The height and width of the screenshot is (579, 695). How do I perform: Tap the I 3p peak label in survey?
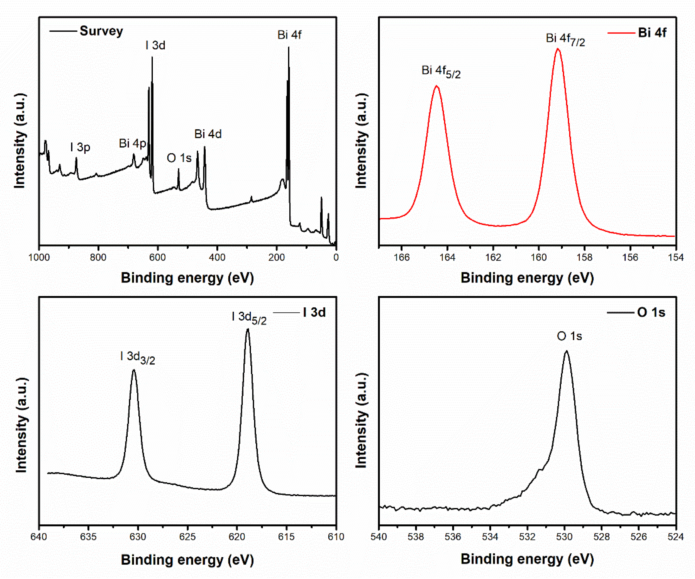[80, 147]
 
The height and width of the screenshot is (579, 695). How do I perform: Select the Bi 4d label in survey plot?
[208, 134]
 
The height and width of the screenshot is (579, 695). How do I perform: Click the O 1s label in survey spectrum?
[179, 158]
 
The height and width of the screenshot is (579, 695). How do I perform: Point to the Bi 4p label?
[132, 143]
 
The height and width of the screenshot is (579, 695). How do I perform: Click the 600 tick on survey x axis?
[158, 257]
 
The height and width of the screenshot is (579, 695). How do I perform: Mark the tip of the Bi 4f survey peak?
[289, 47]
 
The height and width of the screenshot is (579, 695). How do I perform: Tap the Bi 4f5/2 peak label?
[441, 71]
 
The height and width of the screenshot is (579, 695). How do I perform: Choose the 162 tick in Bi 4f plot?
[493, 257]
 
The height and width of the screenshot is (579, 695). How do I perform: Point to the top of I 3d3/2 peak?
[134, 370]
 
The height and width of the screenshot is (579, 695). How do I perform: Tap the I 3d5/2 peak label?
[249, 318]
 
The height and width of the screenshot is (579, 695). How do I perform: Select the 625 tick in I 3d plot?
[187, 537]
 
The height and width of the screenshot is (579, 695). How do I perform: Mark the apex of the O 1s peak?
[566, 351]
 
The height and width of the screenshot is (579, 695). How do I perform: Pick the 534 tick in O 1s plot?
[490, 537]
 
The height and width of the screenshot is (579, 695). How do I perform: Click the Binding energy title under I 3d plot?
[187, 560]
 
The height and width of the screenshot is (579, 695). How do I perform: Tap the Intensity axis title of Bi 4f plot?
[361, 141]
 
